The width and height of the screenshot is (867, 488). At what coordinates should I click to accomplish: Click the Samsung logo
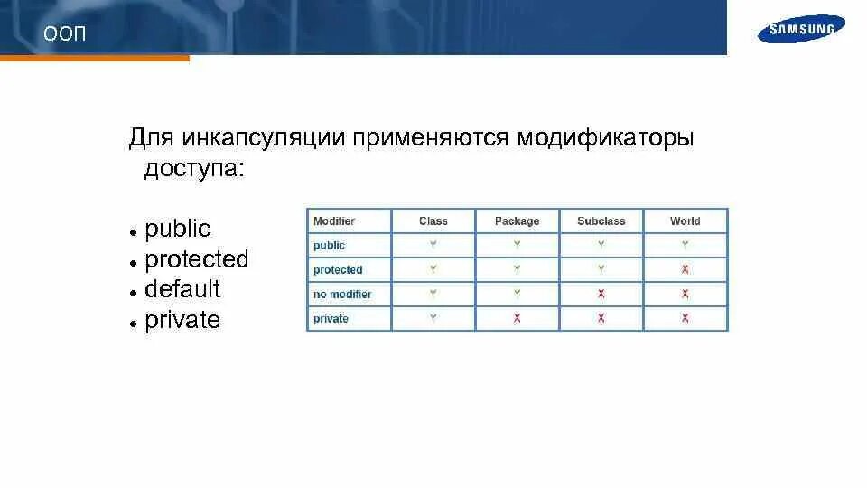coord(801,30)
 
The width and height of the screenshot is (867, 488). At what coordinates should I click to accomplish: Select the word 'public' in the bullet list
coord(177,229)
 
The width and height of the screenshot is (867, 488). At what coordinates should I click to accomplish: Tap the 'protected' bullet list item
coord(196,259)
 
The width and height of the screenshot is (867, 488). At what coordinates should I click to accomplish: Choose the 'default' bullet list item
coord(182,289)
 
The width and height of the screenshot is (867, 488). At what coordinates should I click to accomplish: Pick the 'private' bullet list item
coord(182,320)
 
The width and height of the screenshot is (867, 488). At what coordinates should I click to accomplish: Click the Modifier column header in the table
coord(334,221)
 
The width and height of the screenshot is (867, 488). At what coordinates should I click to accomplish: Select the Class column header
coord(433,221)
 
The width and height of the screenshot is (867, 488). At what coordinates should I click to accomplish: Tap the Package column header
coord(517,221)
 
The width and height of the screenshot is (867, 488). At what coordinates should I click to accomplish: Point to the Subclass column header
coord(601,221)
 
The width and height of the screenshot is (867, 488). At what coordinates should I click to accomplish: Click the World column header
coord(685,221)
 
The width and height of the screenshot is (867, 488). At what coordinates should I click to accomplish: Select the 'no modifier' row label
coord(342,294)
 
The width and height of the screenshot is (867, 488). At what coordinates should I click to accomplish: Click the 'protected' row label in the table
coord(338,269)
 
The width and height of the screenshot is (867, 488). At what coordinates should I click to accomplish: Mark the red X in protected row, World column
coord(685,269)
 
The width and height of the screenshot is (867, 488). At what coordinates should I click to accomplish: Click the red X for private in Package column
coord(517,318)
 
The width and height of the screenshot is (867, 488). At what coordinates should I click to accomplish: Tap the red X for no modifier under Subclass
coord(601,294)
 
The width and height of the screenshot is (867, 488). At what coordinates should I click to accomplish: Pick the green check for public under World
coord(685,245)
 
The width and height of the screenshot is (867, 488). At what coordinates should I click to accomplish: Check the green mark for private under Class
coord(433,318)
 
